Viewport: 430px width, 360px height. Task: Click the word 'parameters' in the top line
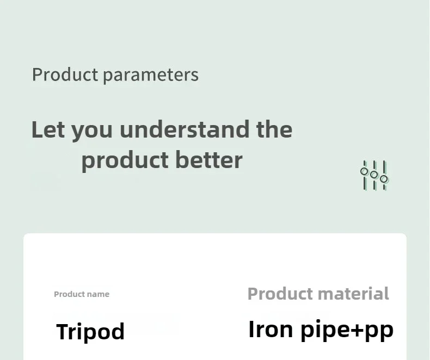[151, 76]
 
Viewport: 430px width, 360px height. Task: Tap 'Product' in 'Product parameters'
[65, 75]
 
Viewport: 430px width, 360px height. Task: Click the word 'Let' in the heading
[48, 129]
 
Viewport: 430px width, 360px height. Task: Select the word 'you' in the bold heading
[92, 132]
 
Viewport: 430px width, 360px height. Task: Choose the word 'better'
[209, 159]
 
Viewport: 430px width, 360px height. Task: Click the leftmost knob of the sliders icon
[364, 171]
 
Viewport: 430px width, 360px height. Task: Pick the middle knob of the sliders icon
[374, 175]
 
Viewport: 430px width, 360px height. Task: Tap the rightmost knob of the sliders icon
[384, 179]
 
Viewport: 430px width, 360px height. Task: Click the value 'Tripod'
[90, 332]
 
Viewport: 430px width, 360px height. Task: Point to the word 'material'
[353, 294]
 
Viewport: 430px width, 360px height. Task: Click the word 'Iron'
[271, 329]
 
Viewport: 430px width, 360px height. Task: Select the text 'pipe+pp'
[347, 331]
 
